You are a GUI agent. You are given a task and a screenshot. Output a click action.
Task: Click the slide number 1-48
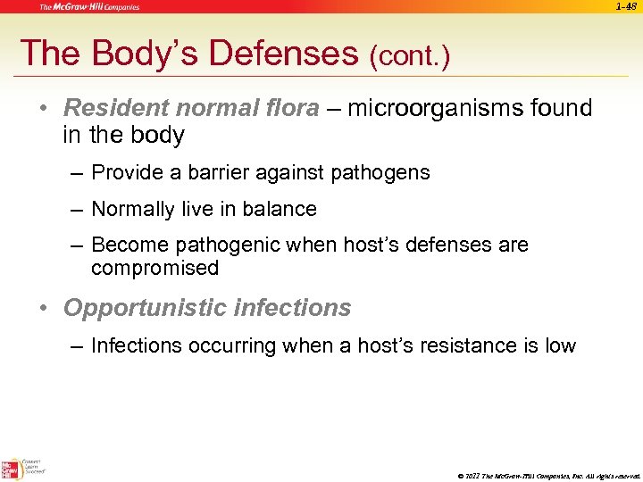[x=628, y=6]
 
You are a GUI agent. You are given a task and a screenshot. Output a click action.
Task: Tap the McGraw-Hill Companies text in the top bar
[x=88, y=7]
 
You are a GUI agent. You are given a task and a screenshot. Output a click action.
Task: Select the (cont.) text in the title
[x=409, y=57]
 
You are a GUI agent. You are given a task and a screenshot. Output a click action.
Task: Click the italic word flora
[x=291, y=109]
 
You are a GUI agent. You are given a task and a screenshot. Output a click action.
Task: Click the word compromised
[x=154, y=268]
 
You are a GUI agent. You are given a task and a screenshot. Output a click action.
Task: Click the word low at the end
[x=561, y=345]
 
